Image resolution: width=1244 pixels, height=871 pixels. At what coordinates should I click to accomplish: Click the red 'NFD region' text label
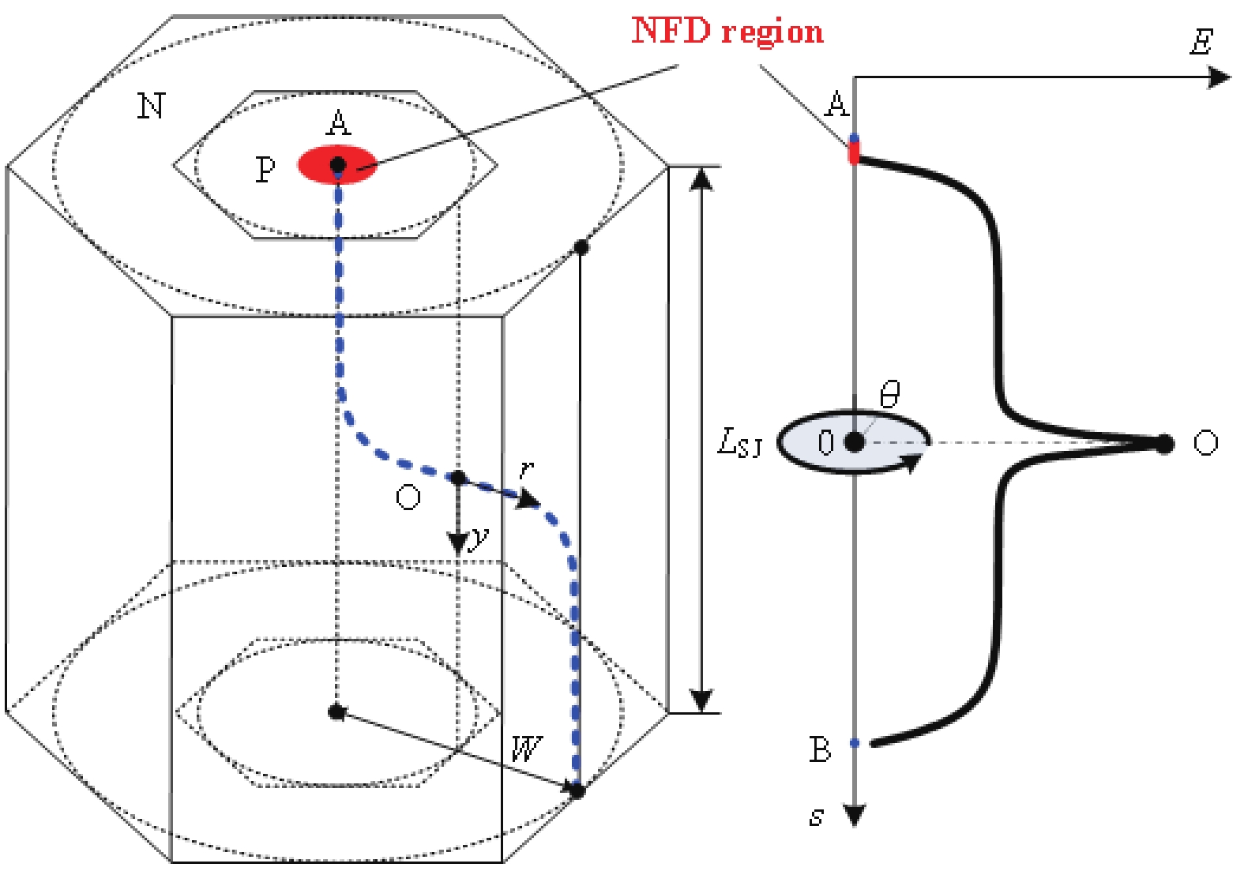[727, 32]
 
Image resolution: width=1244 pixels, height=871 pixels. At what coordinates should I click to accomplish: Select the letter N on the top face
[151, 106]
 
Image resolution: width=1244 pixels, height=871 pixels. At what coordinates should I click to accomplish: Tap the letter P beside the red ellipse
[265, 170]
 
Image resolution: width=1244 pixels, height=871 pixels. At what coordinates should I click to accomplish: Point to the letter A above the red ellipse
[338, 124]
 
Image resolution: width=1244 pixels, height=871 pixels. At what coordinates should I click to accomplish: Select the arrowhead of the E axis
[1220, 77]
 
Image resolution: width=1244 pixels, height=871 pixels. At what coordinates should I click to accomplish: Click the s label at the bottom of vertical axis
[817, 816]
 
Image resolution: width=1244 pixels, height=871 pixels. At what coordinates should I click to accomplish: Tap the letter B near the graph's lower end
[820, 749]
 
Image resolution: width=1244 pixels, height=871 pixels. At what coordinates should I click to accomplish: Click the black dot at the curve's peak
[1164, 444]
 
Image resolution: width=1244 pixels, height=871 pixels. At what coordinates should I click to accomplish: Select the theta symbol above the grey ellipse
[889, 392]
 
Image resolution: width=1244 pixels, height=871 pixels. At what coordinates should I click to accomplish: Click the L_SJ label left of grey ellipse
[739, 443]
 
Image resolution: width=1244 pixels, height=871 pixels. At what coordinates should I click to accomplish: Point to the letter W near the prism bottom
[527, 748]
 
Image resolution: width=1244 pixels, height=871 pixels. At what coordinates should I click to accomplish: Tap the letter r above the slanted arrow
[527, 470]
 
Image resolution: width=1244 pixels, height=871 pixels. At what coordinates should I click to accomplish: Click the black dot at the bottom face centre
[336, 712]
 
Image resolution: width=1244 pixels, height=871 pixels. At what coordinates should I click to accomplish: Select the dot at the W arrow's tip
[577, 790]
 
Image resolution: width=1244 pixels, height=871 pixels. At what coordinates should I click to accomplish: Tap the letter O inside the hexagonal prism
[408, 497]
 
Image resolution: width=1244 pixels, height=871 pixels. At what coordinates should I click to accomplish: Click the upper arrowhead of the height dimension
[701, 180]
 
